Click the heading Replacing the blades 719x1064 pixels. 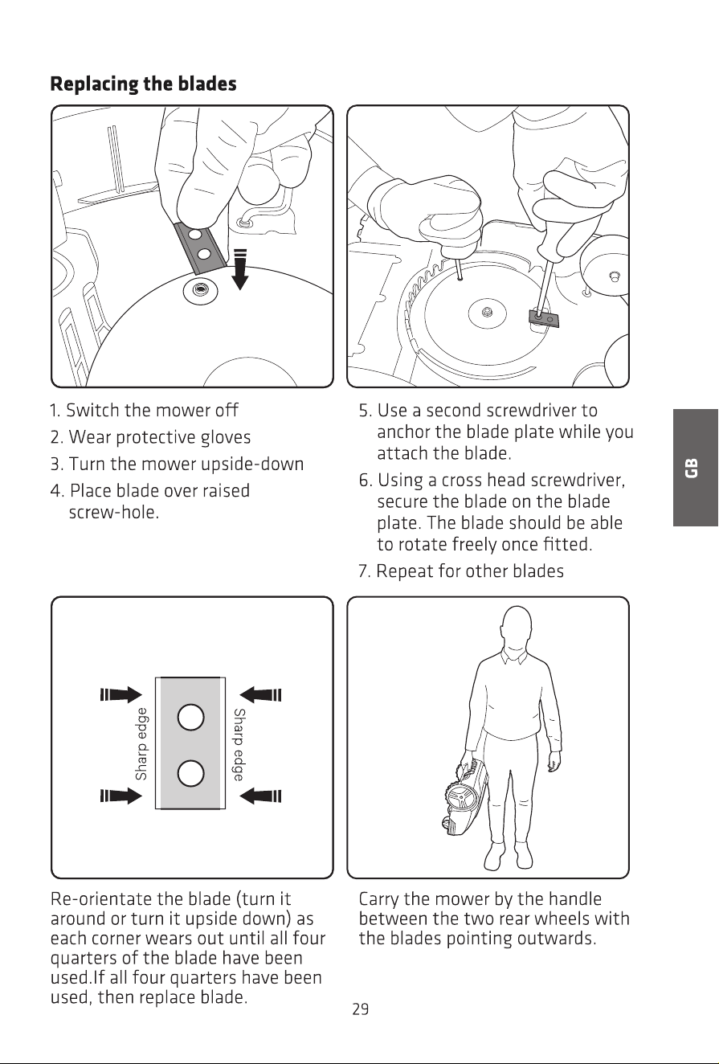point(143,84)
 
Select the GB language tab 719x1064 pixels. point(695,468)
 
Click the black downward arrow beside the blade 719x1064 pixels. point(240,269)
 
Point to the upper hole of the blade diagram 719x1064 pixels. point(191,718)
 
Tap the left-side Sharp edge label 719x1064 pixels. point(141,744)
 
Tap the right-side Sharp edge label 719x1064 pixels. point(239,744)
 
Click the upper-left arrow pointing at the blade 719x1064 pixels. point(121,694)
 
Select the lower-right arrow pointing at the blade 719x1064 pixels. point(260,796)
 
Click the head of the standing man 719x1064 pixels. point(517,628)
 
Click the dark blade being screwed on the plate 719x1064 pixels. point(544,317)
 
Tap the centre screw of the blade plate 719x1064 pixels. point(486,312)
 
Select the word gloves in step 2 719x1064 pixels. point(226,437)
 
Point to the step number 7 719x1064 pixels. point(364,571)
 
